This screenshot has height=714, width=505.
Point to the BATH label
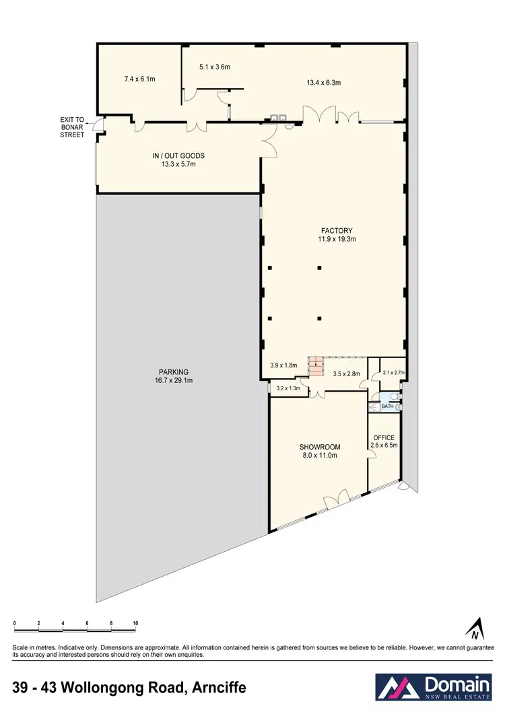click(388, 406)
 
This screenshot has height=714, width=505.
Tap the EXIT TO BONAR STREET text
click(72, 127)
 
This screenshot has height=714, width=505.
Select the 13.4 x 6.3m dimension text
click(323, 83)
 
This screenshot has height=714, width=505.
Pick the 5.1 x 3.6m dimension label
click(215, 67)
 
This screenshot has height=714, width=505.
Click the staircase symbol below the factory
click(316, 369)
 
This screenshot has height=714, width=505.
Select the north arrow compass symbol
click(476, 628)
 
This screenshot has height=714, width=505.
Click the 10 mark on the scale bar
click(135, 624)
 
